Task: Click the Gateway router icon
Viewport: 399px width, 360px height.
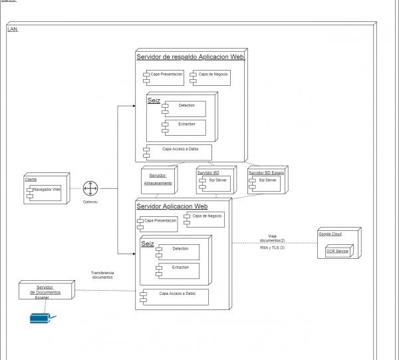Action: pyautogui.click(x=90, y=189)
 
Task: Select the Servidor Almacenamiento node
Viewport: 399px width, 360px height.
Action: pyautogui.click(x=158, y=179)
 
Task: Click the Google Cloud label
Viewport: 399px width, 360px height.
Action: pyautogui.click(x=330, y=234)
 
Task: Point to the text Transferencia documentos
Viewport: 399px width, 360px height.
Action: pyautogui.click(x=102, y=275)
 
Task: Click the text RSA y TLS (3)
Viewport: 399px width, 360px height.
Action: pyautogui.click(x=272, y=248)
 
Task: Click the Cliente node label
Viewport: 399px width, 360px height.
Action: pyautogui.click(x=31, y=180)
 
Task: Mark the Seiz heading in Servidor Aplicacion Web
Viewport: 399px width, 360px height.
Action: pyautogui.click(x=148, y=244)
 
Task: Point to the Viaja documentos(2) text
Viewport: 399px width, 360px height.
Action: pyautogui.click(x=272, y=238)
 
